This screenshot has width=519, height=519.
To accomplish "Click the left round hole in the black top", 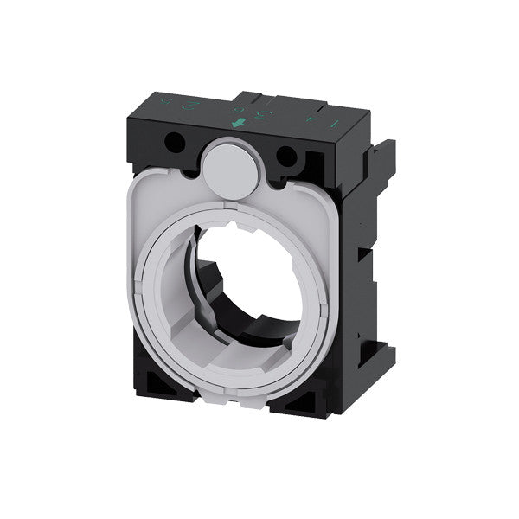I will (x=177, y=144).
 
